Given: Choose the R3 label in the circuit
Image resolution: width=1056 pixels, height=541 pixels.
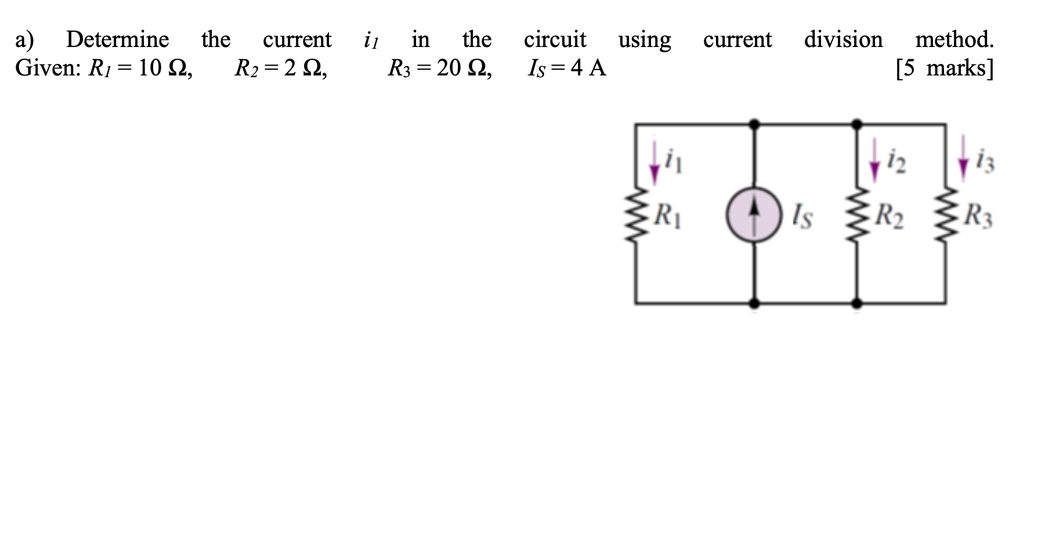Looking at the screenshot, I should click(x=978, y=217).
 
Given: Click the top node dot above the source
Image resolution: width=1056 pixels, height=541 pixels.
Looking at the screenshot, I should click(x=754, y=124).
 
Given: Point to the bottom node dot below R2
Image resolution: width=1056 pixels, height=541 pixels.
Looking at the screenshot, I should click(x=858, y=303).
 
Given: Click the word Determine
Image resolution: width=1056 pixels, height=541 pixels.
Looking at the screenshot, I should click(x=117, y=40).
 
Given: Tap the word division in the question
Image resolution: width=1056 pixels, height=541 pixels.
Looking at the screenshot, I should click(x=843, y=40).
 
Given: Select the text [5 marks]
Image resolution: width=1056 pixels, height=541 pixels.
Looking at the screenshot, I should click(x=944, y=68).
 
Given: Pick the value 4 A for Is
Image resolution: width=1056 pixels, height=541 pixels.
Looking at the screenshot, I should click(x=588, y=68).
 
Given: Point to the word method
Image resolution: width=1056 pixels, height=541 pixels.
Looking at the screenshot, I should click(x=954, y=40).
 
